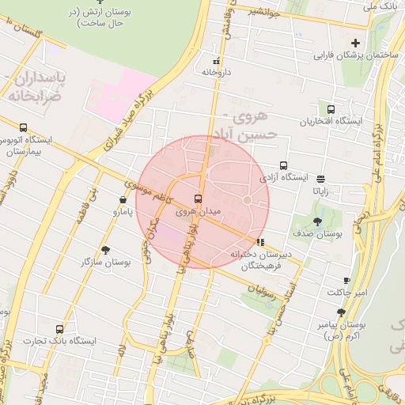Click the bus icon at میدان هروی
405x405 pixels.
198,199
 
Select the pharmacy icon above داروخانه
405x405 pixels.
216,61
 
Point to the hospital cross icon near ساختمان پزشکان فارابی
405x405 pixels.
355,43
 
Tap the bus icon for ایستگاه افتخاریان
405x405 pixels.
330,109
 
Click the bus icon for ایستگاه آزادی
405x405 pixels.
283,166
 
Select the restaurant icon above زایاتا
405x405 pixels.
320,179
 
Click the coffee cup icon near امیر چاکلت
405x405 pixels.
346,281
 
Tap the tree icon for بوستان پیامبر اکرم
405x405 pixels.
341,312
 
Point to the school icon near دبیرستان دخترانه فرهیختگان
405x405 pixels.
261,242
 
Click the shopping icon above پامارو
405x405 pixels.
122,200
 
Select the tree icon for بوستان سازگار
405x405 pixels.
105,249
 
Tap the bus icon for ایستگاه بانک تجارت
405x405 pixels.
59,329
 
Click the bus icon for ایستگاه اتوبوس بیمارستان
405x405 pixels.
23,127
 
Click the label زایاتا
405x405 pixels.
320,191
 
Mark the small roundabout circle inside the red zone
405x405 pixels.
247,200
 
